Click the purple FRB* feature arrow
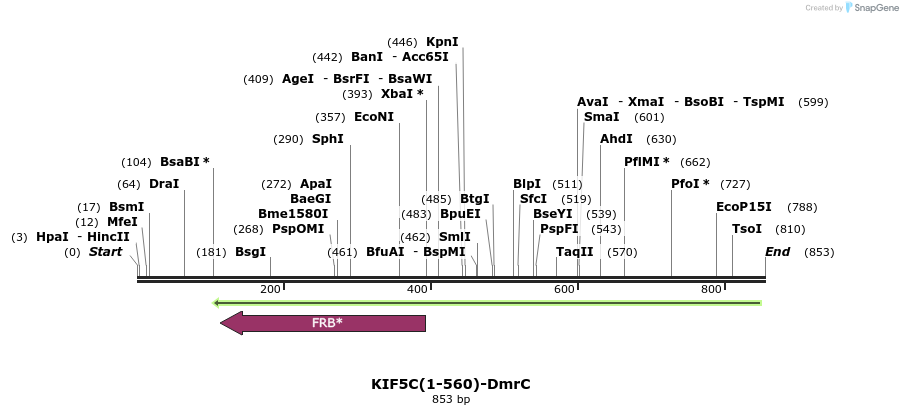click(x=323, y=323)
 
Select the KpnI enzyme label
click(x=442, y=42)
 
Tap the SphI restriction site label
click(x=328, y=139)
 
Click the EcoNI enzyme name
click(x=374, y=117)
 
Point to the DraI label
click(x=164, y=184)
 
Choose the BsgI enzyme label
click(x=250, y=252)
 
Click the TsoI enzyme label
click(x=747, y=229)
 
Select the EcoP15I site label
click(x=744, y=207)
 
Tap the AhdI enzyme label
click(x=616, y=139)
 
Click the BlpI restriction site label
click(x=527, y=184)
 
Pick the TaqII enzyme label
click(x=575, y=252)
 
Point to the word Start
click(x=105, y=252)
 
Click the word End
click(x=777, y=252)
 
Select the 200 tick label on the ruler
click(x=270, y=289)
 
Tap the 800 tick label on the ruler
click(x=711, y=289)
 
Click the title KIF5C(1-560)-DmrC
click(x=450, y=384)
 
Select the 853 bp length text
click(x=450, y=399)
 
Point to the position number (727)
click(x=735, y=184)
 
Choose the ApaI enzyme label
click(x=316, y=184)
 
